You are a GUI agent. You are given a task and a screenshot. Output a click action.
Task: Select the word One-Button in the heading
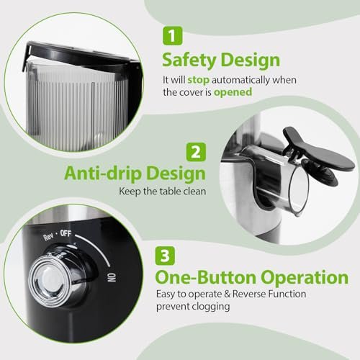(x=204, y=278)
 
